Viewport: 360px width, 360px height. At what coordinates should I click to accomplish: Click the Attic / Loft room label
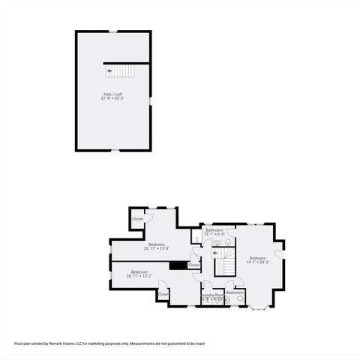[x=113, y=94]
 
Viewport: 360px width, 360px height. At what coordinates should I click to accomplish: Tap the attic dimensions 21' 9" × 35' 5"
[x=113, y=98]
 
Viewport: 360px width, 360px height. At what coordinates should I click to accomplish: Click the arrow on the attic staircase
[x=110, y=70]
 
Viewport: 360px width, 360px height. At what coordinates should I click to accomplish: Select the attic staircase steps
[x=124, y=70]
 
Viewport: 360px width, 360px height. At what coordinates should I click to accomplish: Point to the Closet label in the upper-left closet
[x=137, y=219]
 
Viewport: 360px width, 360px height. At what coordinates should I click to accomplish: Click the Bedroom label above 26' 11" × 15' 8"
[x=157, y=244]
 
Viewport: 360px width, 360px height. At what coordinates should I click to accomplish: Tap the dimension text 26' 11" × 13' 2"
[x=139, y=276]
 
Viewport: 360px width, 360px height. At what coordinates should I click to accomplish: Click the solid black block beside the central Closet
[x=178, y=265]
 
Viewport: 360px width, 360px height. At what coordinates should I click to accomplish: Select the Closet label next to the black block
[x=193, y=265]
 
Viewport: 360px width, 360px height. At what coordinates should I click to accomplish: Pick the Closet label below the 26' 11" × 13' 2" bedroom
[x=163, y=295]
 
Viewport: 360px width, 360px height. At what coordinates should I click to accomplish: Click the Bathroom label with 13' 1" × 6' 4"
[x=215, y=229]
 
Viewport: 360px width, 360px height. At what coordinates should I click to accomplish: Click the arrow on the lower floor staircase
[x=216, y=253]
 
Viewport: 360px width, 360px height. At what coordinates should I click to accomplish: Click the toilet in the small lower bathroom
[x=238, y=298]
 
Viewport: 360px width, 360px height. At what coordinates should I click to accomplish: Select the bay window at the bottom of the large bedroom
[x=259, y=307]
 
